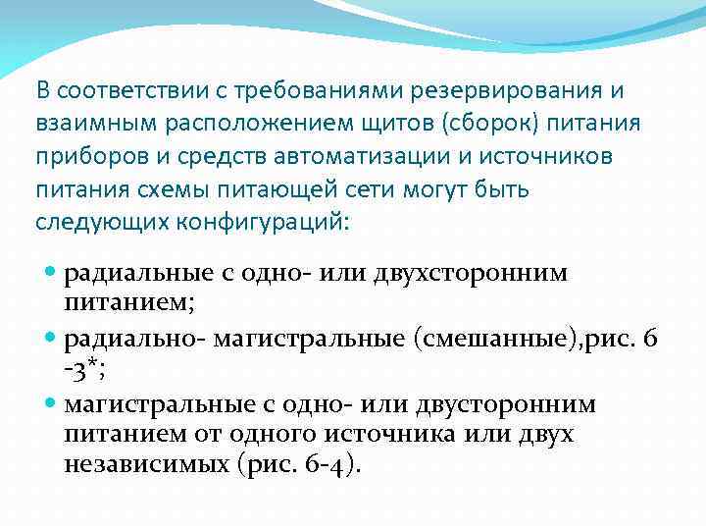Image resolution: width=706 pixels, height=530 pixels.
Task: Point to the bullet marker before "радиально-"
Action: [52, 339]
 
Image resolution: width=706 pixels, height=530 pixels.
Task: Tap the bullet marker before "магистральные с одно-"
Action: [52, 404]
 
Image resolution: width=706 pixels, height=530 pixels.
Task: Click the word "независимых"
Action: [146, 463]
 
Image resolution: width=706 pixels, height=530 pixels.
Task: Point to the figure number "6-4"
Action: [320, 463]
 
